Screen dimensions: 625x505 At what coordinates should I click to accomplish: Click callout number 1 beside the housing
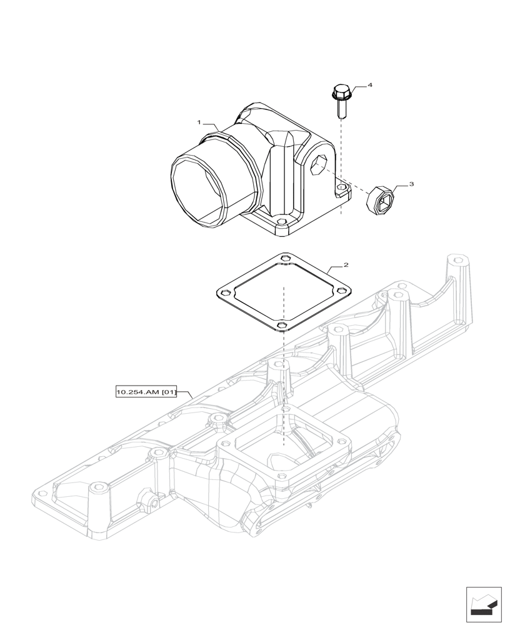pos(199,122)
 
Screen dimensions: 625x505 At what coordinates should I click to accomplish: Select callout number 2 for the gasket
pos(346,265)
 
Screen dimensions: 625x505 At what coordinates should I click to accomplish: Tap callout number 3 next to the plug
pos(411,184)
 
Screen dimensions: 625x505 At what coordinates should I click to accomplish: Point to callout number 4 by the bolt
pos(370,84)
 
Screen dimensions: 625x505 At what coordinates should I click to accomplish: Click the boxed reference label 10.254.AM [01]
pos(146,392)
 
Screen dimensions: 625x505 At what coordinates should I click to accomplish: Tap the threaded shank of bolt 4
pos(341,111)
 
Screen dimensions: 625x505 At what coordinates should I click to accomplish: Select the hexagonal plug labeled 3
pos(378,199)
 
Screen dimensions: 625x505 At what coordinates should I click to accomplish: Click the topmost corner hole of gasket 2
pos(286,257)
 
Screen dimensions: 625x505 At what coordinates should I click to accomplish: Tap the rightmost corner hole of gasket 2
pos(342,291)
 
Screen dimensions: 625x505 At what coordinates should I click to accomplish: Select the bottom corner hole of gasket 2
pos(282,326)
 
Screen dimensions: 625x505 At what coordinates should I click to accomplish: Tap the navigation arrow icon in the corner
pos(483,604)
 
